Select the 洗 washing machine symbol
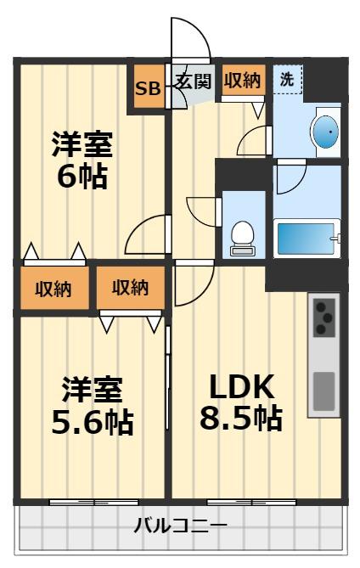coord(289,81)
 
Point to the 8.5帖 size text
coord(242,418)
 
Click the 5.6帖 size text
coord(92,421)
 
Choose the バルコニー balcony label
coord(180,526)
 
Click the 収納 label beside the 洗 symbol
coord(242,81)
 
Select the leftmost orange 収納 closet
coord(53,289)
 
